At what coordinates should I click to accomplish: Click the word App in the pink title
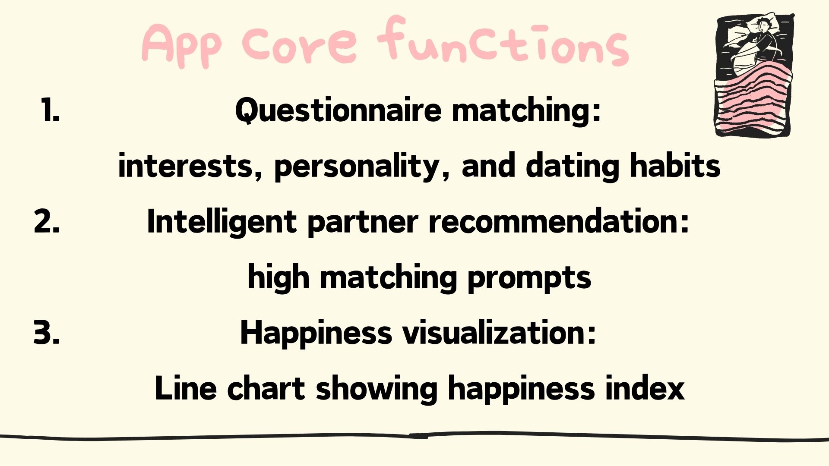point(182,45)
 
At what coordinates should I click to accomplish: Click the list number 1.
point(51,110)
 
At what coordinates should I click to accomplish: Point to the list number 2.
point(47,221)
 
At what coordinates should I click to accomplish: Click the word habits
point(675,165)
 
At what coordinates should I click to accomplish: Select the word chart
point(266,388)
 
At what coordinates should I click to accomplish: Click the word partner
point(363,223)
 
